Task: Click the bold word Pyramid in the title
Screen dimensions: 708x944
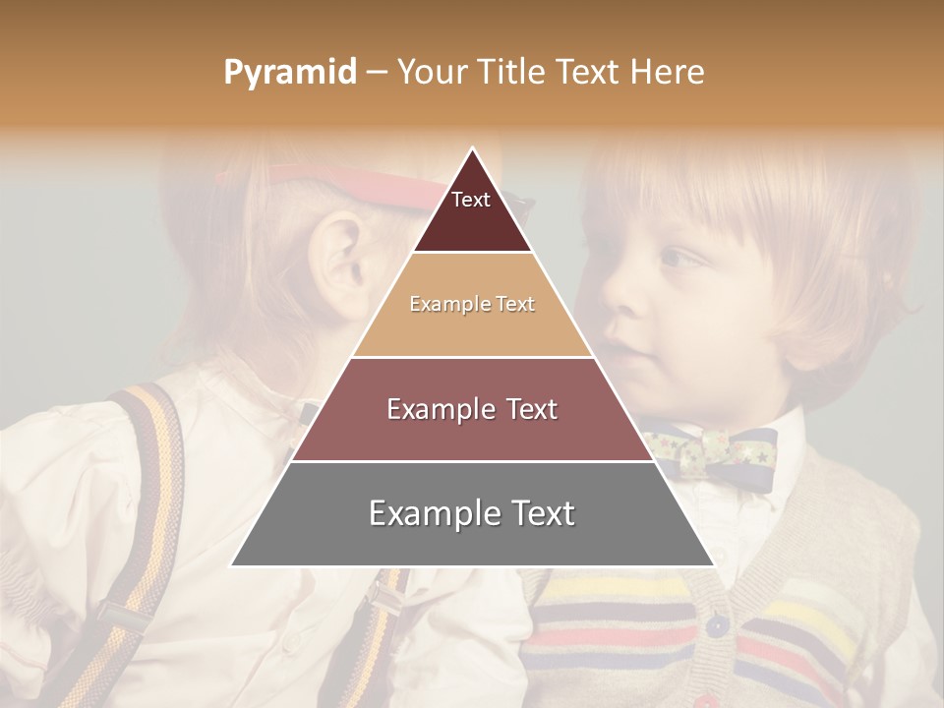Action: coord(289,72)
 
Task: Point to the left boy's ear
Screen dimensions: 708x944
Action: coord(339,261)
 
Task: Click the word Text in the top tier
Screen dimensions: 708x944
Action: coord(470,200)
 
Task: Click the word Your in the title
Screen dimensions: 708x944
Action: coord(432,72)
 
